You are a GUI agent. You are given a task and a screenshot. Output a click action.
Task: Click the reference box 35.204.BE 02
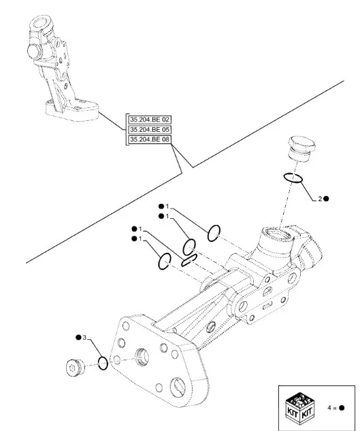(x=150, y=120)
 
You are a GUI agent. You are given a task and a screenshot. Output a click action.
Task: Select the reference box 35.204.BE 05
(x=150, y=129)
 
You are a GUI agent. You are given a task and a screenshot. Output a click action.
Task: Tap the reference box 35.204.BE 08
(x=150, y=139)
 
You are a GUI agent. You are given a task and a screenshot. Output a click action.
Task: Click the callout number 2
(x=320, y=199)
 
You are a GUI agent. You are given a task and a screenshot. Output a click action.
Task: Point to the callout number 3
(x=84, y=337)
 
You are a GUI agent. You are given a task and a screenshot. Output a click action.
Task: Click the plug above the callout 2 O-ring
(x=301, y=148)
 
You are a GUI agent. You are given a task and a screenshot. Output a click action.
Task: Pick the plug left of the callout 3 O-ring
(x=76, y=367)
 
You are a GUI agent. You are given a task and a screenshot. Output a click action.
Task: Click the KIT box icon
(x=299, y=408)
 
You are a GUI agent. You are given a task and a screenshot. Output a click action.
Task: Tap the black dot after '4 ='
(x=341, y=408)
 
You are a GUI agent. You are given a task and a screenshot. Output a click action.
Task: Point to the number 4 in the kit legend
(x=329, y=408)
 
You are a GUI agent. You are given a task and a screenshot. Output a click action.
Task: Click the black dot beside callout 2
(x=326, y=199)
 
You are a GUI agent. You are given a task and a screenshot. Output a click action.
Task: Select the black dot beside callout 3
(x=78, y=337)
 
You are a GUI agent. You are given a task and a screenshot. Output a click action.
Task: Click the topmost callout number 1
(x=167, y=207)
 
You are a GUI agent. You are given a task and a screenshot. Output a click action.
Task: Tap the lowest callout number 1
(x=140, y=239)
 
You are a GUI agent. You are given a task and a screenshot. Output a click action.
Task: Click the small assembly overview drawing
(x=62, y=68)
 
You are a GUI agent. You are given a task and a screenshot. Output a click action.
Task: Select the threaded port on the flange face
(x=142, y=357)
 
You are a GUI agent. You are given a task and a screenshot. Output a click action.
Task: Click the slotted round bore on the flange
(x=178, y=387)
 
